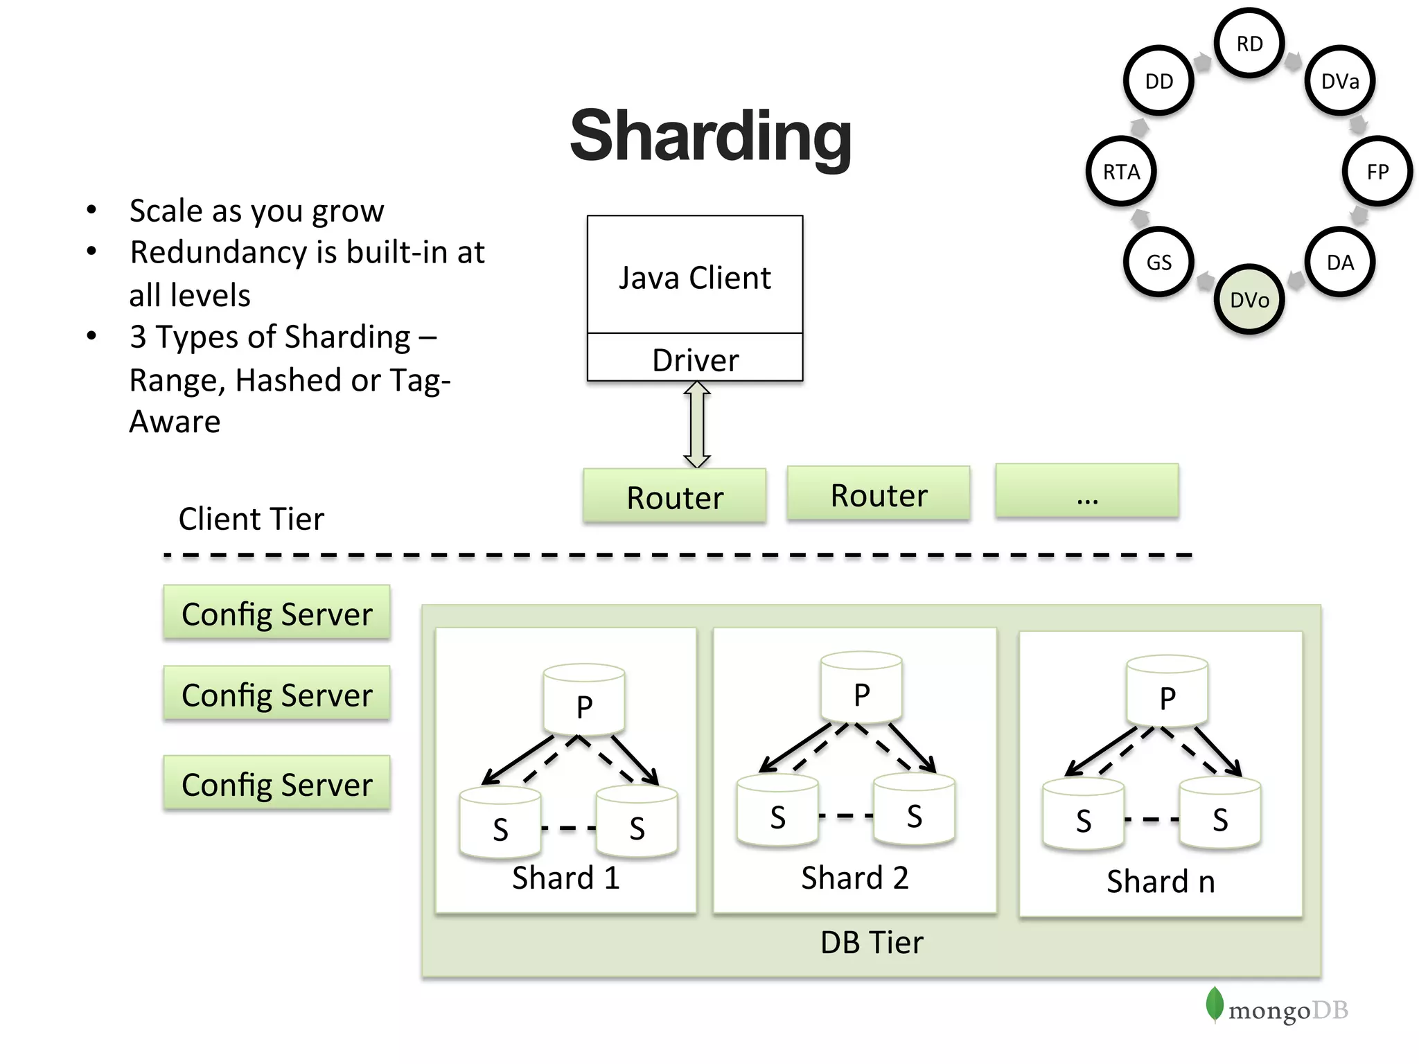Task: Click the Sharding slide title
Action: click(x=710, y=136)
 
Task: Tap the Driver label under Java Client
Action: click(x=695, y=360)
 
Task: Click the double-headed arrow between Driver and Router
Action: click(x=697, y=425)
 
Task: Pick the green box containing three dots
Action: click(x=1086, y=491)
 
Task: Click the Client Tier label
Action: click(x=251, y=519)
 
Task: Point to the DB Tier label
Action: click(x=871, y=943)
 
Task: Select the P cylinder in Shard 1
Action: click(x=584, y=700)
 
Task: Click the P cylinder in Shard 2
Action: click(x=861, y=689)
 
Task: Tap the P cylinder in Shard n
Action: click(x=1167, y=692)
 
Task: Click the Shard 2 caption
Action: click(x=854, y=878)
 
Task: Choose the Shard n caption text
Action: click(x=1161, y=882)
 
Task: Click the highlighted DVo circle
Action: click(x=1249, y=300)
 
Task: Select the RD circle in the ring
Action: click(x=1249, y=44)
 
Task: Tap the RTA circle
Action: click(x=1121, y=171)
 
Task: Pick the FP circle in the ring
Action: click(x=1377, y=171)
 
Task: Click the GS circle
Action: click(x=1158, y=262)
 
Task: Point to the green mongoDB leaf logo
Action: click(x=1214, y=1004)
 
